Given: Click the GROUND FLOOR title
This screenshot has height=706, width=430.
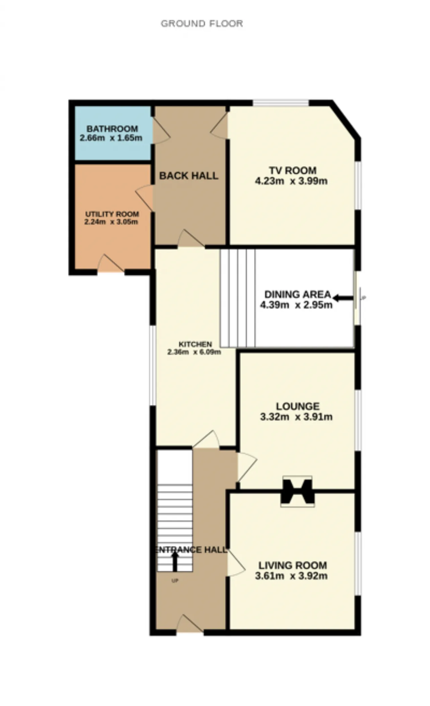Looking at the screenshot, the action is click(x=202, y=24).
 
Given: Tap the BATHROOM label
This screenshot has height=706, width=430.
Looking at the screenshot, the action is click(x=112, y=129).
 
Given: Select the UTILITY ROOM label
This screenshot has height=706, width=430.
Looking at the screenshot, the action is click(x=112, y=214).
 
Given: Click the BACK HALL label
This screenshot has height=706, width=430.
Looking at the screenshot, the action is click(x=188, y=176).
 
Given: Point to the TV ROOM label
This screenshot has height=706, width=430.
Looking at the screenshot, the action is click(x=293, y=171).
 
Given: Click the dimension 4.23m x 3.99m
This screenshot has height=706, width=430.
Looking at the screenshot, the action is click(x=291, y=181).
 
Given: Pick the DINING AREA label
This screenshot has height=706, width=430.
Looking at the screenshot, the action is click(x=298, y=295).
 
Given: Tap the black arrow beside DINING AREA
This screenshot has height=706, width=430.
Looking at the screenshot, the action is click(x=343, y=298).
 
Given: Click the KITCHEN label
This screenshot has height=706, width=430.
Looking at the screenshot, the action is click(x=195, y=344).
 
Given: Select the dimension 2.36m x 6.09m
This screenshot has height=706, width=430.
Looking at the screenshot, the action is click(x=194, y=352).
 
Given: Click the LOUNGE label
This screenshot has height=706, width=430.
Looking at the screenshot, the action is click(x=298, y=406).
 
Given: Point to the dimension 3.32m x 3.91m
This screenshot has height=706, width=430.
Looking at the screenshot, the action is click(x=296, y=417).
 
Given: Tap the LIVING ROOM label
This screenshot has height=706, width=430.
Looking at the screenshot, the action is click(x=293, y=565).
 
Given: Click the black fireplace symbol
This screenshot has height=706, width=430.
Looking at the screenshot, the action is click(x=298, y=491).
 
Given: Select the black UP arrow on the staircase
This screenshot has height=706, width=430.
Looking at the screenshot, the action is click(x=175, y=562).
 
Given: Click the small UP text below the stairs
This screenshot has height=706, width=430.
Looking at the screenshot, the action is click(x=175, y=581).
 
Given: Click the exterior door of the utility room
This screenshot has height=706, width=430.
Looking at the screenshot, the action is click(x=111, y=263).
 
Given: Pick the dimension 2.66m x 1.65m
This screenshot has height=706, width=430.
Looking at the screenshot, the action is click(x=111, y=138).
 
